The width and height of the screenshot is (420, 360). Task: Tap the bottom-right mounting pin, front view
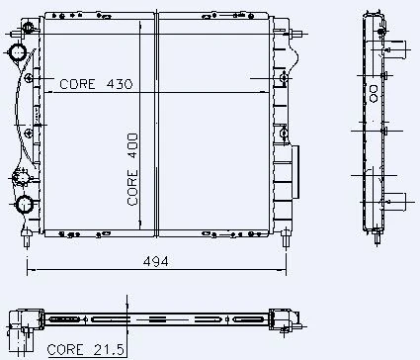[x=286, y=237]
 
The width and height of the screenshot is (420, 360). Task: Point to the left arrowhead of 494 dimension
[x=29, y=268]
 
